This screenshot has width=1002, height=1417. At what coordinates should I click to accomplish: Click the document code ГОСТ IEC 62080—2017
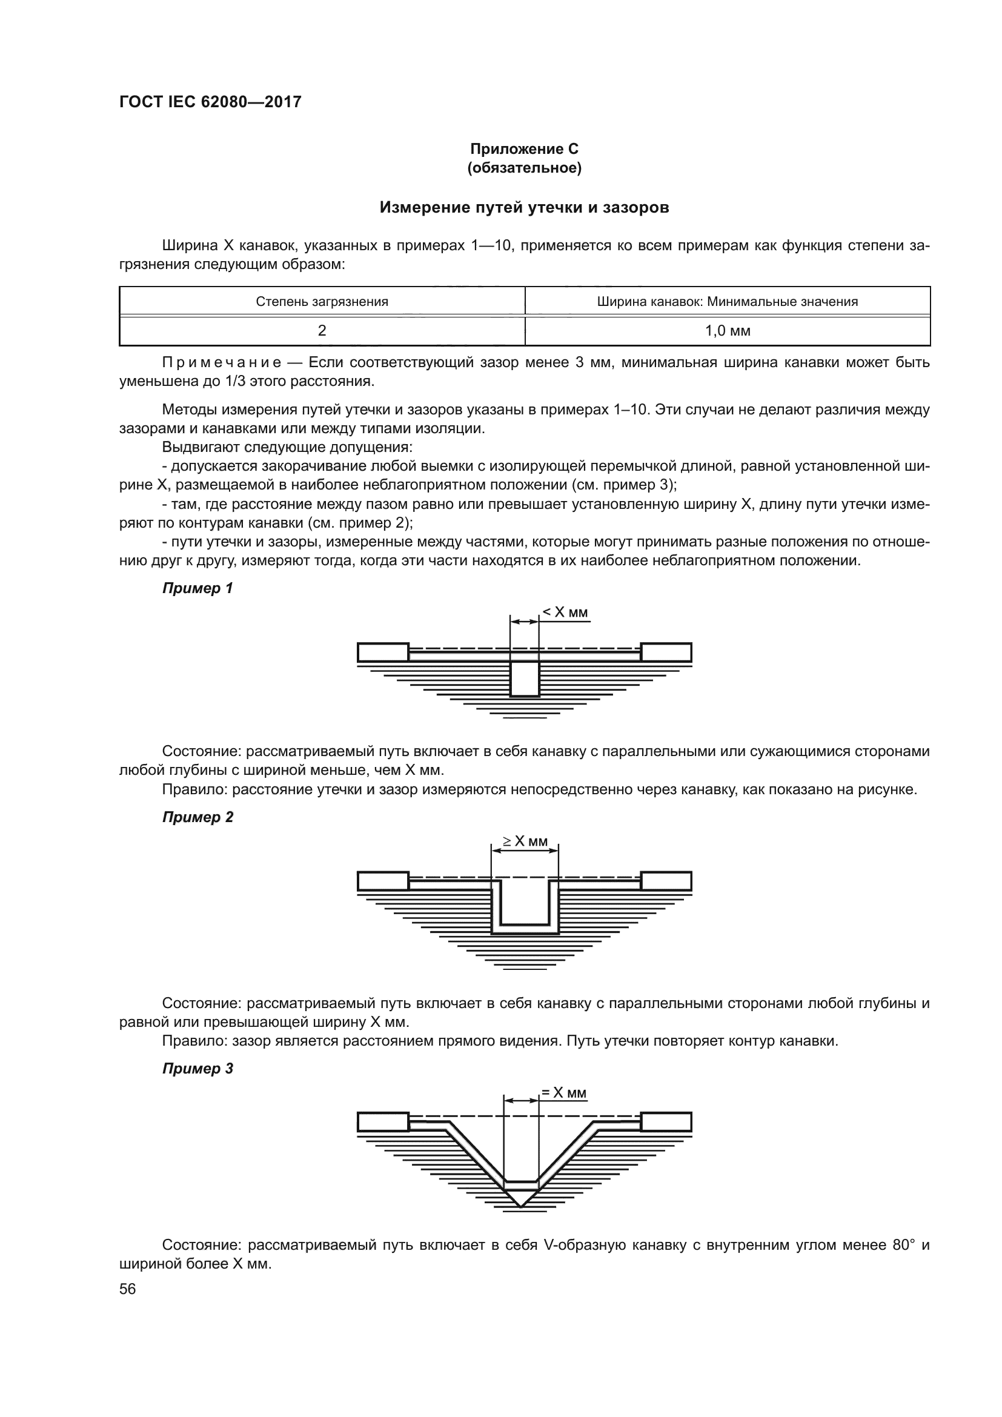click(x=210, y=102)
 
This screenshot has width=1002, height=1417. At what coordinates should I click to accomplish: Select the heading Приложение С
click(x=524, y=149)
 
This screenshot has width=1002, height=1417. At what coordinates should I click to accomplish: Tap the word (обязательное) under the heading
click(x=524, y=168)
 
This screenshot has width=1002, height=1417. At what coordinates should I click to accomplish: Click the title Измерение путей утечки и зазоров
click(x=524, y=207)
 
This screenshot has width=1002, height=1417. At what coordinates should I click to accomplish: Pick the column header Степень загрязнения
click(x=322, y=302)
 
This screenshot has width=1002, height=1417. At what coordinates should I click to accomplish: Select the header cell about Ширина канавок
click(x=727, y=302)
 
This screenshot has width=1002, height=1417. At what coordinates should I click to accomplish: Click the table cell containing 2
click(x=322, y=331)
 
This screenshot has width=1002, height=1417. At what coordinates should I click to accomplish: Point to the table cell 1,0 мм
click(x=727, y=331)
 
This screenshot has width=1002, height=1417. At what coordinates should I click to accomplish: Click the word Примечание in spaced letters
click(x=222, y=362)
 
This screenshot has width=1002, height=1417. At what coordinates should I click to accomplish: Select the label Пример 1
click(x=197, y=588)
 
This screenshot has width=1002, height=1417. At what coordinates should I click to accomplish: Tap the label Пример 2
click(x=197, y=817)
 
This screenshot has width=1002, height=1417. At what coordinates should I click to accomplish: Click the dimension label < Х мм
click(x=565, y=612)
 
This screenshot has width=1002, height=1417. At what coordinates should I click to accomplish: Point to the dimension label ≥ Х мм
click(x=525, y=841)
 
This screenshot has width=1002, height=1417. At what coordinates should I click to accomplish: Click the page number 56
click(x=127, y=1289)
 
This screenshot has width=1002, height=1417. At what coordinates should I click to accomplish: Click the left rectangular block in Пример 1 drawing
click(x=382, y=652)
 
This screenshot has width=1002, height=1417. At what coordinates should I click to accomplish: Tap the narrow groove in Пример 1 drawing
click(x=525, y=679)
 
